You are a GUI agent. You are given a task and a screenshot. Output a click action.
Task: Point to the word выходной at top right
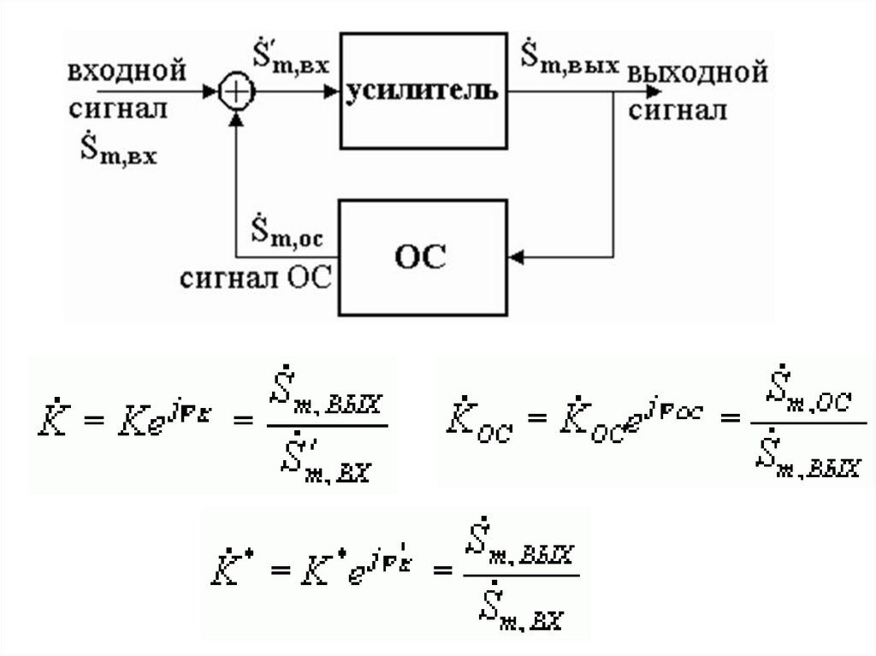(x=696, y=74)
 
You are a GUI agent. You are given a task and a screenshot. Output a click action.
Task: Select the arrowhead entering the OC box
(x=516, y=256)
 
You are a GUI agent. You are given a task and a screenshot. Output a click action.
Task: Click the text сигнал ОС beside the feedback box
(x=254, y=278)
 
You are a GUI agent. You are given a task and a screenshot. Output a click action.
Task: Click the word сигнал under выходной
(x=678, y=111)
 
